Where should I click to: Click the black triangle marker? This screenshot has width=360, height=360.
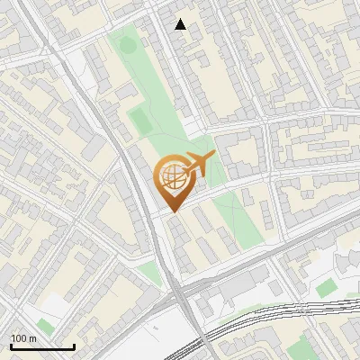[181, 24]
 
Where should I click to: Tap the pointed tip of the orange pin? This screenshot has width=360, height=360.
[171, 211]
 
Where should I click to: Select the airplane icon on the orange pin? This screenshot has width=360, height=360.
[197, 165]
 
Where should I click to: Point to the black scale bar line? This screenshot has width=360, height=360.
[42, 346]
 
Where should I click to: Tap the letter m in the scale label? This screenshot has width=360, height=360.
[32, 338]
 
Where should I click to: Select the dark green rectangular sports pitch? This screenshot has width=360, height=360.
[139, 119]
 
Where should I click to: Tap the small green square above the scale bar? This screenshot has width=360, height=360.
[45, 326]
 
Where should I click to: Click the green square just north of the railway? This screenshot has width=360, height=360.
[327, 288]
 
